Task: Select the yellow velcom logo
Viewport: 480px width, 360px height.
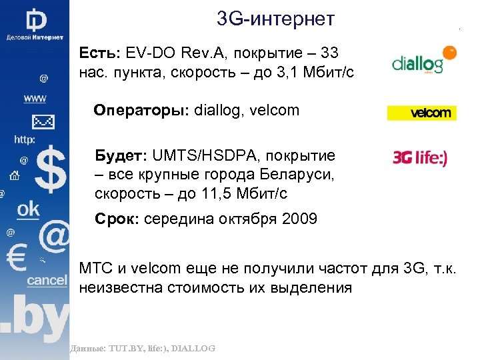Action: pos(421,113)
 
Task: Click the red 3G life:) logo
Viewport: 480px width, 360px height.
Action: pos(421,158)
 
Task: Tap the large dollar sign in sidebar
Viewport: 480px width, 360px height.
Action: pos(50,169)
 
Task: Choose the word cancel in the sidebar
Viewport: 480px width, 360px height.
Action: pos(47,280)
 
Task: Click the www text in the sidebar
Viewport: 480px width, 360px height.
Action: pos(35,99)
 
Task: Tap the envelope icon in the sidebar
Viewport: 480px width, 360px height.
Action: pos(43,121)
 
